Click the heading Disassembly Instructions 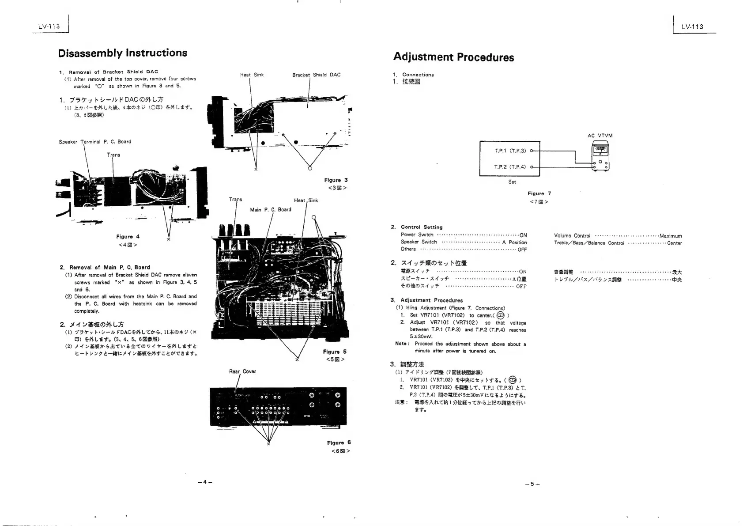point(123,53)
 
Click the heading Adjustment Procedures point(453,57)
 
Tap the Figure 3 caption point(336,180)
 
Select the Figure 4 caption point(128,237)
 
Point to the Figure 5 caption point(335,352)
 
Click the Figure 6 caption point(339,443)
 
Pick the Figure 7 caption point(539,193)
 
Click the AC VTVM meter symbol point(600,157)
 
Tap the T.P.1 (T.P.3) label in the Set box point(510,151)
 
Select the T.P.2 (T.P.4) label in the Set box point(510,167)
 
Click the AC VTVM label point(600,136)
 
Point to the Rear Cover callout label point(242,371)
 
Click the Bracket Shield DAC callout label point(316,75)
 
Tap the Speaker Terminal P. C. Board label point(95,142)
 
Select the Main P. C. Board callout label point(270,210)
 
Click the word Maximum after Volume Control point(671,236)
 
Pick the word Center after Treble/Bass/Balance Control point(674,243)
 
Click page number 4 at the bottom point(205,482)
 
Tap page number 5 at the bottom point(532,484)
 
